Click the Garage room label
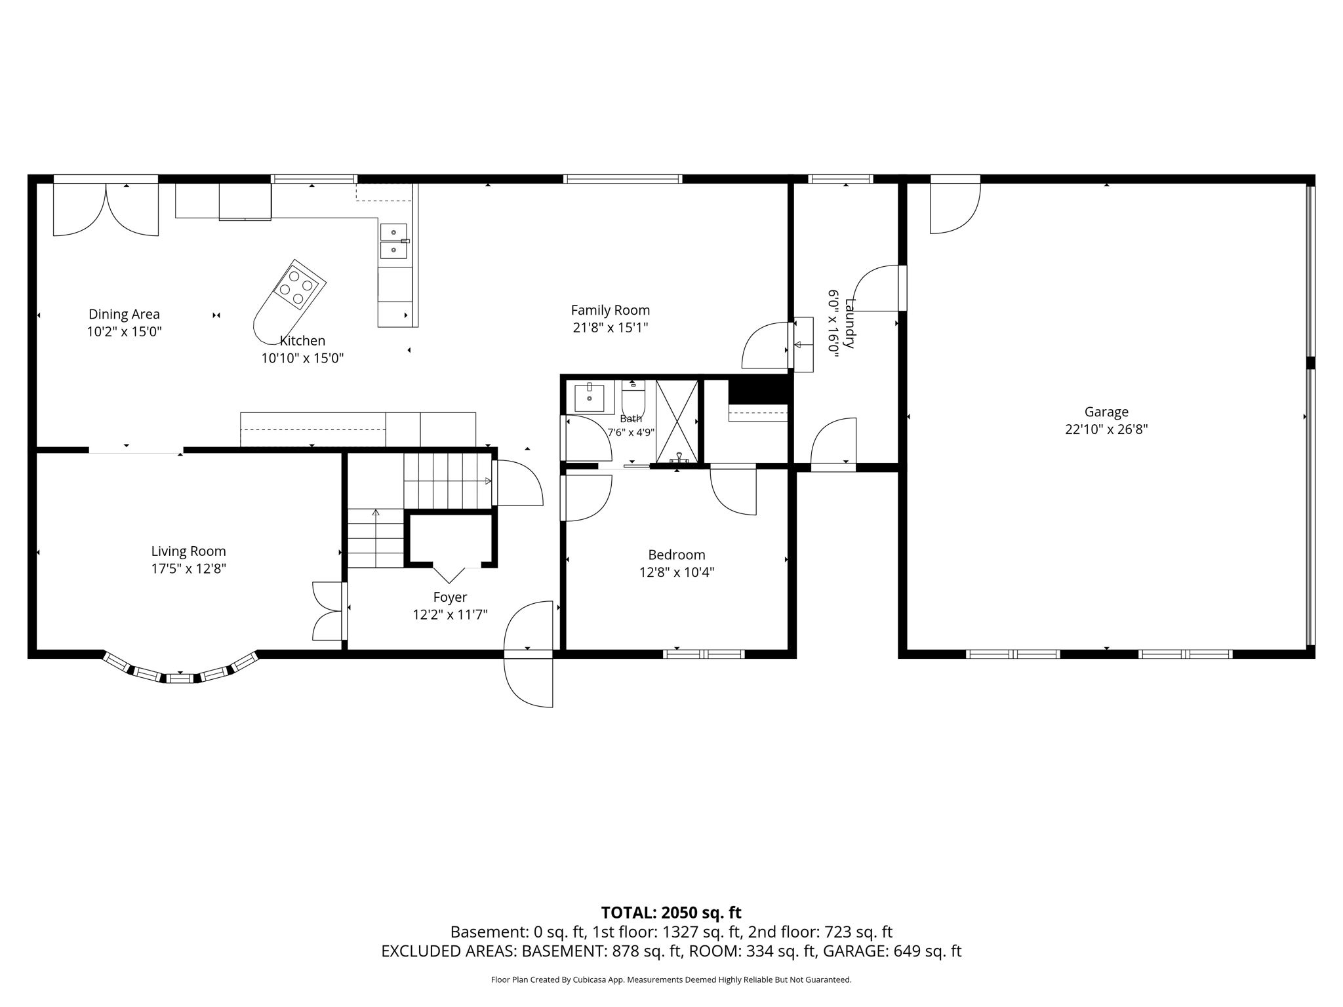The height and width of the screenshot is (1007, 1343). (x=1106, y=412)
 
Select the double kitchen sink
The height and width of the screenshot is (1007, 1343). (x=393, y=241)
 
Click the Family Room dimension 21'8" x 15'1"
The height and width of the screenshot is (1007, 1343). (x=610, y=327)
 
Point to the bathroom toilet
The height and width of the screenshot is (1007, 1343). (x=633, y=398)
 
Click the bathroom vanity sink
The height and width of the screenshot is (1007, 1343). (x=590, y=397)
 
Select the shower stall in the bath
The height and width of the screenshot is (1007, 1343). (x=677, y=422)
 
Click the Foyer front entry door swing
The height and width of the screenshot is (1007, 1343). (x=529, y=654)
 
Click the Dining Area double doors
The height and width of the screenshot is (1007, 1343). (x=106, y=208)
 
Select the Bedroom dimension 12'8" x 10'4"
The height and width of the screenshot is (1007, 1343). (x=677, y=572)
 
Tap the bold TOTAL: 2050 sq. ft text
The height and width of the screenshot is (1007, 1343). (x=671, y=913)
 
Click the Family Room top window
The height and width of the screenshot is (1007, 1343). (x=622, y=179)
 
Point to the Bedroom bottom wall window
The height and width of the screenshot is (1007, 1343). (x=704, y=654)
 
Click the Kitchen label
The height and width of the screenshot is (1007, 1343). (x=302, y=341)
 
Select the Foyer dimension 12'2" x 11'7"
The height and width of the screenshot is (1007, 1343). (x=450, y=615)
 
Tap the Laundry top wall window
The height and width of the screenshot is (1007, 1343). (x=840, y=179)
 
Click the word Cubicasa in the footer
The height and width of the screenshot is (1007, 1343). (x=590, y=980)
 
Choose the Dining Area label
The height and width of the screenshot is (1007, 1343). (x=124, y=315)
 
